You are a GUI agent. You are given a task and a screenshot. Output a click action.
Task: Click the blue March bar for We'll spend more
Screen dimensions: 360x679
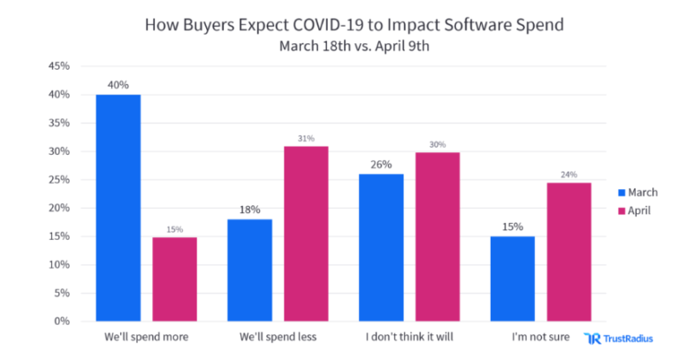pos(118,207)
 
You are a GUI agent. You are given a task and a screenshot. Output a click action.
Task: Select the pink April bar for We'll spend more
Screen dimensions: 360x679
pos(173,279)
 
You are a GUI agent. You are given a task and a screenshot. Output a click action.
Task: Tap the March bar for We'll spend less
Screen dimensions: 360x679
pos(250,270)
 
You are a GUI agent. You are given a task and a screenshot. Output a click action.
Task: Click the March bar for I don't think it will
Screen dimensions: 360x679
pos(381,247)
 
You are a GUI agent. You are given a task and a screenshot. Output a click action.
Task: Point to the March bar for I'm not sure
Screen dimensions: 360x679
pos(513,279)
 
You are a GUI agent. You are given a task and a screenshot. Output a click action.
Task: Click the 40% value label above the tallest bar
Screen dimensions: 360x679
pos(118,85)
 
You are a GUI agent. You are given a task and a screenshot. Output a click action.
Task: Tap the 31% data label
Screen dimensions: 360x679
pos(305,137)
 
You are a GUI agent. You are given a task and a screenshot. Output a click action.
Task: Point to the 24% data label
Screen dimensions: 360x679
pos(568,174)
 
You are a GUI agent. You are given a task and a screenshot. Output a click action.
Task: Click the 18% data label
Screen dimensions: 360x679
pos(250,210)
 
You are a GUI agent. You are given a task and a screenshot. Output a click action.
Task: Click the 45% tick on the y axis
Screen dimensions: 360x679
pos(57,66)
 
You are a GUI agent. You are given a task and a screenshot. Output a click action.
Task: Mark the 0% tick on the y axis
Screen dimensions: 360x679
pos(61,321)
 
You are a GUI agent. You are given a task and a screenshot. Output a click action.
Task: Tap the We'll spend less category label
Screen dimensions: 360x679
pos(277,338)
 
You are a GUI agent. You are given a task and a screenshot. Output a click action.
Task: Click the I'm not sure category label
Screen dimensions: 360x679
pos(540,338)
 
